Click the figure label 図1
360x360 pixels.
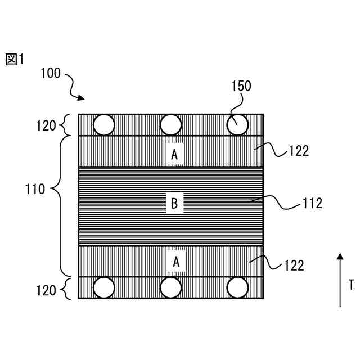click(15, 59)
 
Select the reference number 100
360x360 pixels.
click(51, 74)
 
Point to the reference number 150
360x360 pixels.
click(241, 86)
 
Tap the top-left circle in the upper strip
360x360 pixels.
click(103, 124)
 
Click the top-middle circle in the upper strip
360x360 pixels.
click(171, 124)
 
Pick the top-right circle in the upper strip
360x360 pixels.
click(237, 124)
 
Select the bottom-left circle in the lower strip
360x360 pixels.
click(103, 288)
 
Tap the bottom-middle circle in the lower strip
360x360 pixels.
click(171, 288)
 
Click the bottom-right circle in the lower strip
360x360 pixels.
click(237, 288)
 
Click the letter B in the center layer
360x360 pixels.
click(174, 204)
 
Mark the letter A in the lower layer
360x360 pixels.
click(176, 261)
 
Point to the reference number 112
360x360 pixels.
click(312, 203)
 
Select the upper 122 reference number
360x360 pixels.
click(299, 151)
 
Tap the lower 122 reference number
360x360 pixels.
click(294, 265)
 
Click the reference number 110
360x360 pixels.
click(35, 189)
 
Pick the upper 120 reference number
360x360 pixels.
click(46, 125)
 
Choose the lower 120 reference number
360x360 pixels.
click(46, 290)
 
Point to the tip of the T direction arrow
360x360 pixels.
click(340, 254)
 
